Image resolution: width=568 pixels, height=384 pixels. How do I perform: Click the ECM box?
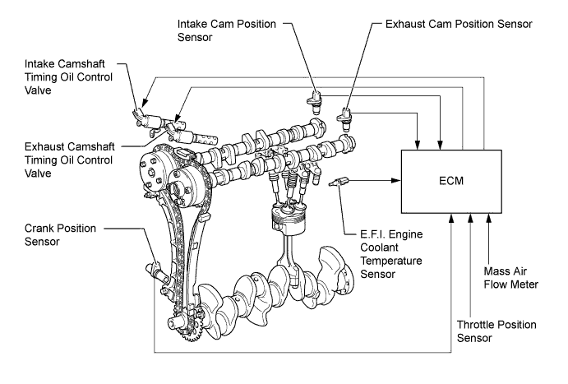[x=451, y=181]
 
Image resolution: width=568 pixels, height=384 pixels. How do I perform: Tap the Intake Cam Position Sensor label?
[x=227, y=30]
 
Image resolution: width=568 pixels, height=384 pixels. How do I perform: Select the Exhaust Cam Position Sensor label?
[x=459, y=25]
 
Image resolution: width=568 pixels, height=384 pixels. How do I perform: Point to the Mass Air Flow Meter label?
[x=510, y=278]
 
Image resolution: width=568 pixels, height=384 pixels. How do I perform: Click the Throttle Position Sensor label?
[x=496, y=331]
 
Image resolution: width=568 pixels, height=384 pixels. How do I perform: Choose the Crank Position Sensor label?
[x=60, y=234]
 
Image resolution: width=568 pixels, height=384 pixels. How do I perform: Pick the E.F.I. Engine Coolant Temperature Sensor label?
[x=391, y=254]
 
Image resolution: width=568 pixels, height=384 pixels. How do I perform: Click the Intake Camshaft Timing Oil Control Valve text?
[x=68, y=76]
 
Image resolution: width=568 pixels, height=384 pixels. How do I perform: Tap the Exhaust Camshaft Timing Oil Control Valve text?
[x=69, y=160]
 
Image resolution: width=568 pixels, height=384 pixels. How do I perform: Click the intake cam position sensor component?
[x=315, y=102]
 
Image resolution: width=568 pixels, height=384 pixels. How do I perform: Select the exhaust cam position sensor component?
[x=344, y=119]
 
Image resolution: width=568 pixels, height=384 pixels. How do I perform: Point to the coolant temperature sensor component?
[x=339, y=182]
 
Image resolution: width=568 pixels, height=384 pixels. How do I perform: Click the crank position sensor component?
[x=157, y=272]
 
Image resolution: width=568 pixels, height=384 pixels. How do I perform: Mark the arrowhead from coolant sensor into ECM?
[x=397, y=180]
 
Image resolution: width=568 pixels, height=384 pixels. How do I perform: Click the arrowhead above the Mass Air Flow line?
[x=488, y=218]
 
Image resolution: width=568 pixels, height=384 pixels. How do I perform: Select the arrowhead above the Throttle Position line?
[x=470, y=218]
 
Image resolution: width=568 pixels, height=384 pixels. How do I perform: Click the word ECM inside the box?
[x=451, y=181]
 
